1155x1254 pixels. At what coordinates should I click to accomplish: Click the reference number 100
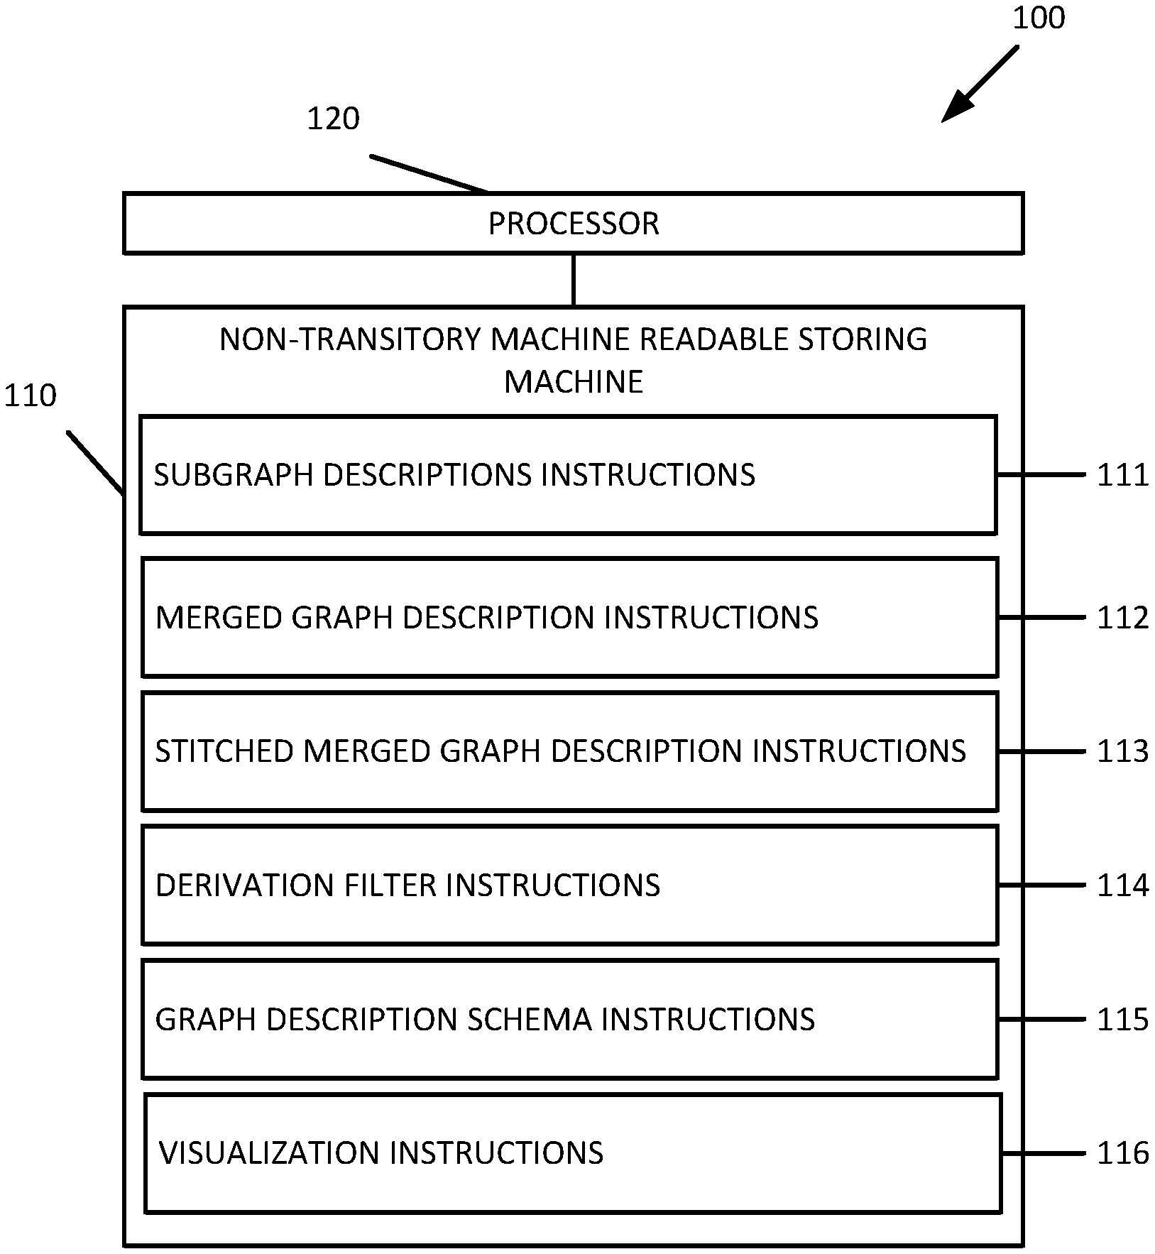point(1038,18)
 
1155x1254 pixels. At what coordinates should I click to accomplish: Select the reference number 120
point(333,119)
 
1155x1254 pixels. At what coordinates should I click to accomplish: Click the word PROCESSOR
point(574,224)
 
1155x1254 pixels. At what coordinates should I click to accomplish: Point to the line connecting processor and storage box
point(574,280)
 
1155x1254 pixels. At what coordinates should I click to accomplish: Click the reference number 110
point(30,396)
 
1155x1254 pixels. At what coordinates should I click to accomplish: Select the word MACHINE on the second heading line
point(574,382)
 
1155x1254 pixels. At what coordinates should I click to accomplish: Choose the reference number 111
point(1122,475)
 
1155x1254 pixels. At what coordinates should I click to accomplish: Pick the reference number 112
point(1122,618)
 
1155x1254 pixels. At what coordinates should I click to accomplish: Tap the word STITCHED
point(224,751)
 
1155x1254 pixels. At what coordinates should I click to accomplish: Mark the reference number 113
point(1122,751)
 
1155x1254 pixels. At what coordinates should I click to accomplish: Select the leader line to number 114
point(1041,885)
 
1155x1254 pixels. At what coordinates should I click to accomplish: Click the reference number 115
point(1122,1020)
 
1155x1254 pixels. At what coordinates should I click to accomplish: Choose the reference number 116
point(1122,1153)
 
